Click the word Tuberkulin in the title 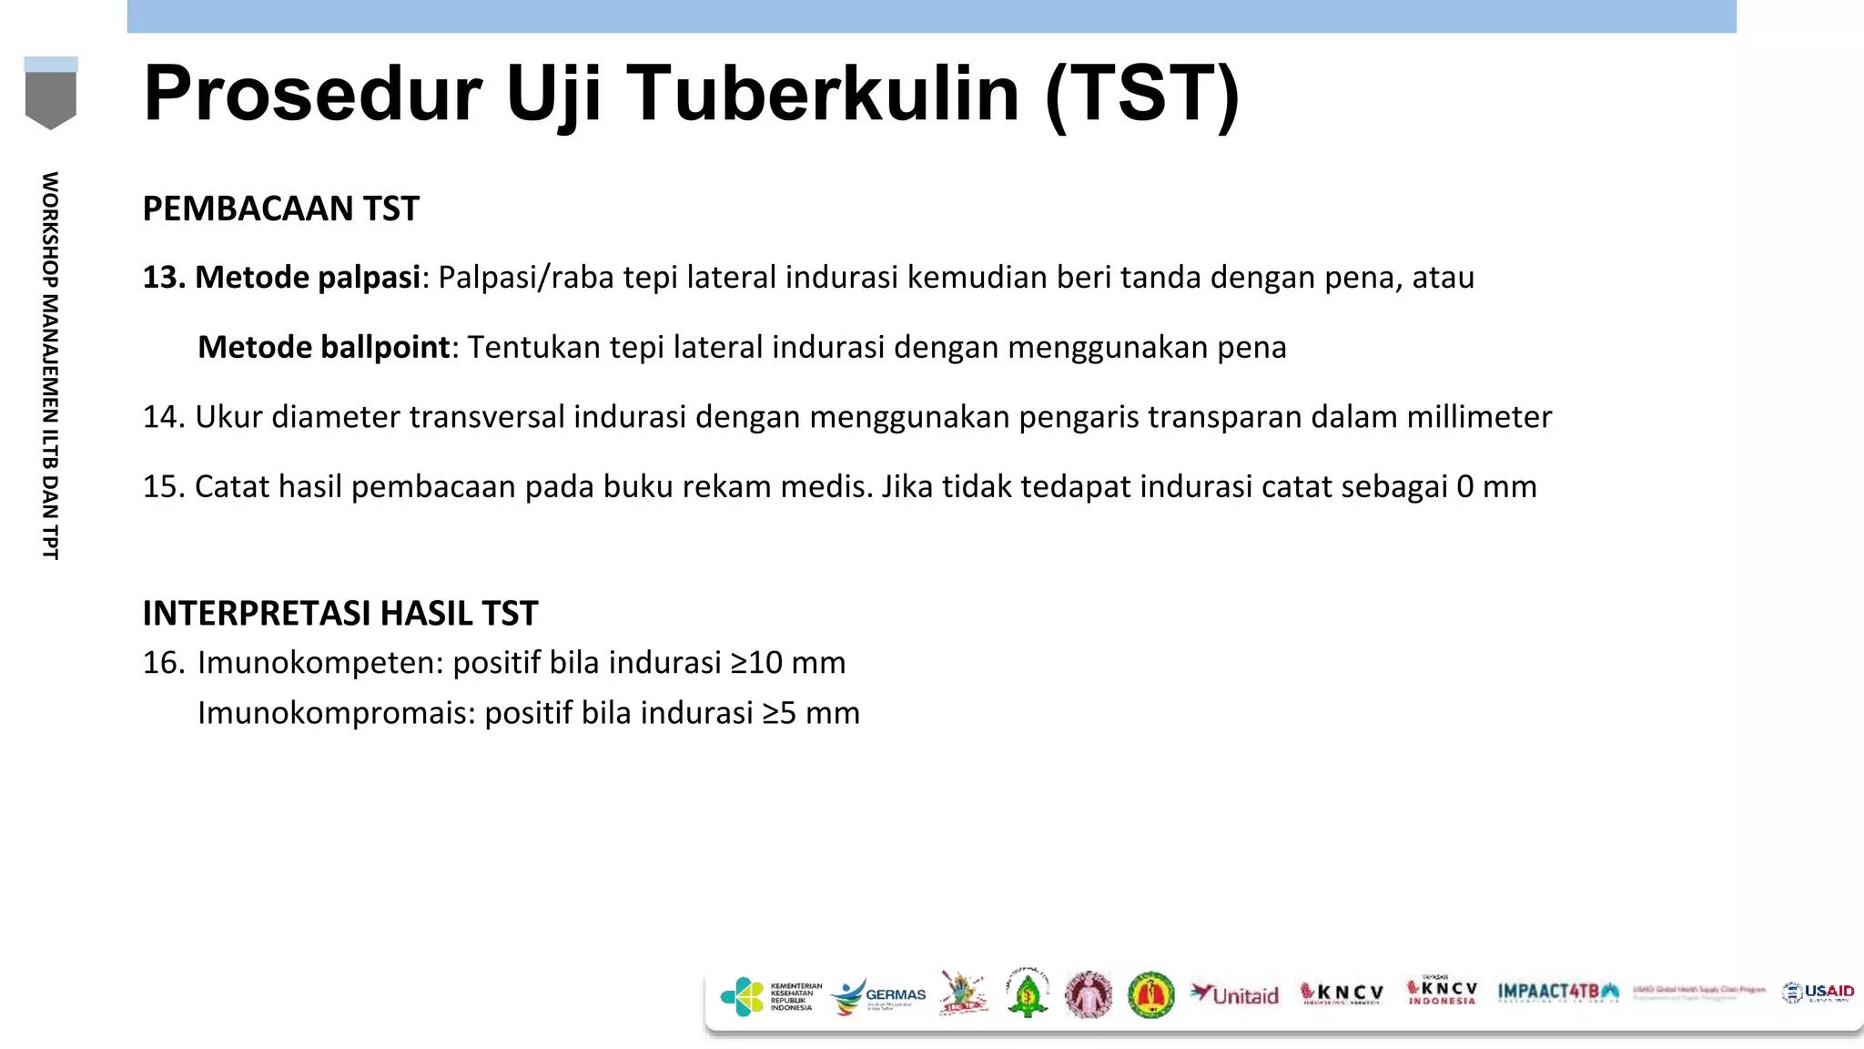click(823, 94)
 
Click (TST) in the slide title click(1142, 94)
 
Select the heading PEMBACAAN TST click(280, 209)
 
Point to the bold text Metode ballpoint click(324, 347)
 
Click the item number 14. click(164, 417)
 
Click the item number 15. click(164, 487)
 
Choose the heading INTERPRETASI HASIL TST click(340, 613)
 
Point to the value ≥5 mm click(811, 713)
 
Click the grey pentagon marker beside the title click(51, 98)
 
